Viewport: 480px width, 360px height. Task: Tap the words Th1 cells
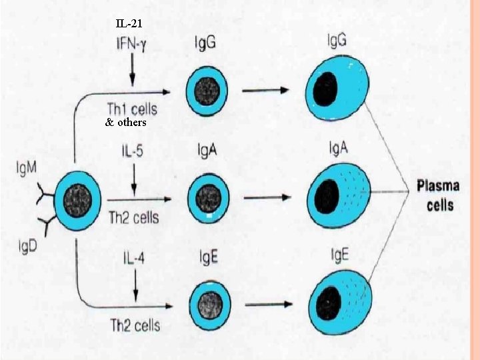(x=132, y=107)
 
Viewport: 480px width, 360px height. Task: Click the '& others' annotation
(x=126, y=123)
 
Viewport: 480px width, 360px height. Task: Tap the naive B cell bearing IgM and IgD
(x=79, y=198)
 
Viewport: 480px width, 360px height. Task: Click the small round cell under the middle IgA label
(x=207, y=198)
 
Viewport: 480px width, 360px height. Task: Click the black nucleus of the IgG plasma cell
(x=325, y=88)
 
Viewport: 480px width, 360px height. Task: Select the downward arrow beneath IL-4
(x=135, y=288)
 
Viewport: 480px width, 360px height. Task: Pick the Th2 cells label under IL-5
(x=134, y=217)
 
